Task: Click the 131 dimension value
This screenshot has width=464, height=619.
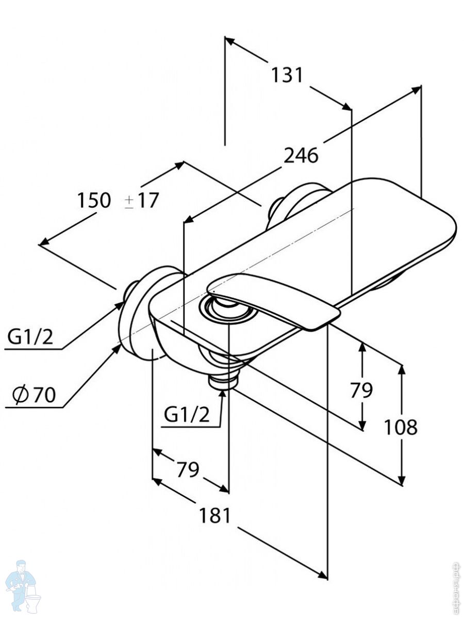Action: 287,75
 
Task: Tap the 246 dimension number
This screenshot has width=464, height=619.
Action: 302,155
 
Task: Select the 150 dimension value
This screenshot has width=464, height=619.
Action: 94,200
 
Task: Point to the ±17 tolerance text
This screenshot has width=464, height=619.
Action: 141,200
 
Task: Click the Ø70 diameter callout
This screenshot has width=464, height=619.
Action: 35,395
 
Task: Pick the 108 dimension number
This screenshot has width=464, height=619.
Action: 401,427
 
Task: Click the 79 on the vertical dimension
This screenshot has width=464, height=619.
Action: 361,390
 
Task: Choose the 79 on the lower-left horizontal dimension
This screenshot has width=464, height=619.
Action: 188,469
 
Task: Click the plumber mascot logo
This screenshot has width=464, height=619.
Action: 23,585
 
